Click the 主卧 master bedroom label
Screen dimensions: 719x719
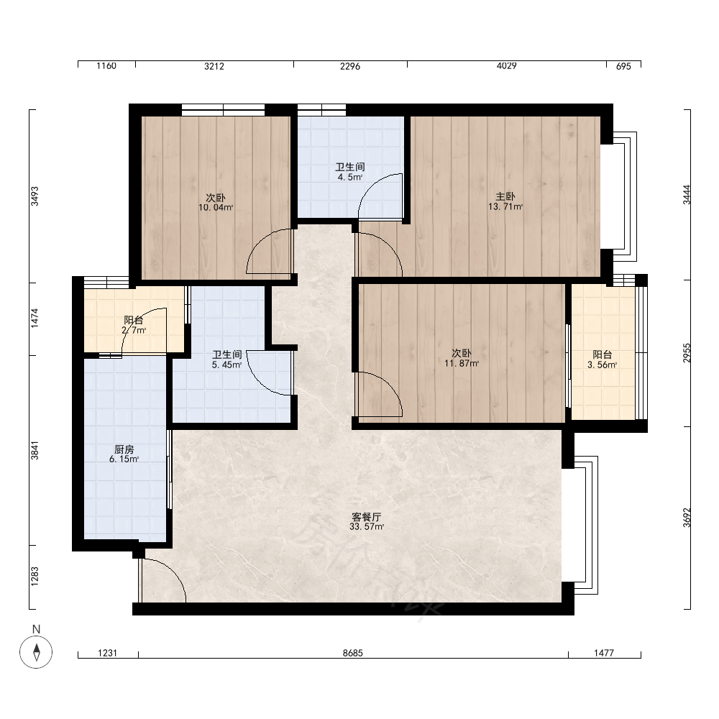(505, 197)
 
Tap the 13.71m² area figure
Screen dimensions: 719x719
(505, 207)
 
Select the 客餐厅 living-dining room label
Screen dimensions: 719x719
(367, 517)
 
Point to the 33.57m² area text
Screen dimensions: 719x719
(367, 527)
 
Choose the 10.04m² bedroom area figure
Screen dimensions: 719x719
(216, 208)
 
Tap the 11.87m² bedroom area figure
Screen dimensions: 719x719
(462, 364)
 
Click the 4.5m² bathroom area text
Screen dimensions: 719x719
(350, 177)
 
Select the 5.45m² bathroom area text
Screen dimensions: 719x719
(226, 365)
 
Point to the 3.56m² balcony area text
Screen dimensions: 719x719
(602, 365)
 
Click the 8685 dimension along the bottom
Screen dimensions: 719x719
(352, 653)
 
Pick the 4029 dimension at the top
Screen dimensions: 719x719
(507, 66)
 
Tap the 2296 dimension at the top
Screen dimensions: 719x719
(350, 66)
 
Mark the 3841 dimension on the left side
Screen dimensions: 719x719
(35, 450)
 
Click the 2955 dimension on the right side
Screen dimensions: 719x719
(687, 353)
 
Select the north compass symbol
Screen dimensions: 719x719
(36, 651)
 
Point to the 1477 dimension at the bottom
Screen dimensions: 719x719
(604, 653)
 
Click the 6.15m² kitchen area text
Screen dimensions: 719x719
(124, 459)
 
